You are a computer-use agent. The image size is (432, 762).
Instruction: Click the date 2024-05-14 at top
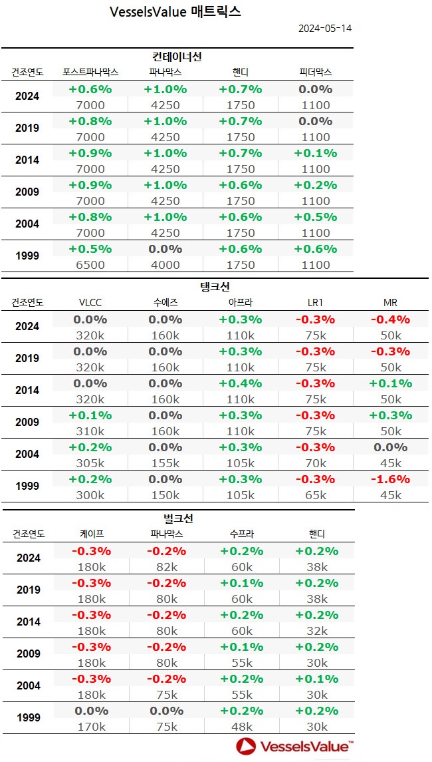[x=324, y=29]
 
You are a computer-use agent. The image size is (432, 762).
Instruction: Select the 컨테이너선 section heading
[x=177, y=57]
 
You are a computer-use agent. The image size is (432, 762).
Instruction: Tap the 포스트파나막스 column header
[x=90, y=72]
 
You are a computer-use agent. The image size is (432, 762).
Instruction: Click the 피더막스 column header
[x=315, y=72]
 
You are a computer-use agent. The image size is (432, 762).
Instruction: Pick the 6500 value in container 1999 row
[x=90, y=264]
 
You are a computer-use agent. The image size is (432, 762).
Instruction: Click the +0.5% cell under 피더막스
[x=315, y=217]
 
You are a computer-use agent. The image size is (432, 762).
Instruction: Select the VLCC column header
[x=90, y=302]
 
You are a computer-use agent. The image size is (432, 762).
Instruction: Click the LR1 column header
[x=315, y=302]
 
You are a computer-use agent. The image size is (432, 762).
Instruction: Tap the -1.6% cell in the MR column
[x=390, y=479]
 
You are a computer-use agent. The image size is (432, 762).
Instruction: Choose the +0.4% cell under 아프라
[x=241, y=383]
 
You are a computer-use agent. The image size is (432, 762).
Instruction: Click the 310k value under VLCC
[x=90, y=431]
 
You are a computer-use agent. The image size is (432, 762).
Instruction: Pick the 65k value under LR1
[x=315, y=494]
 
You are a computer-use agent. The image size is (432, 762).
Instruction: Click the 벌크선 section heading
[x=177, y=518]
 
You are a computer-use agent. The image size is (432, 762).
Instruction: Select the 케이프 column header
[x=90, y=534]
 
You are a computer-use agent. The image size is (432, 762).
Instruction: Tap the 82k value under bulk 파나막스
[x=165, y=567]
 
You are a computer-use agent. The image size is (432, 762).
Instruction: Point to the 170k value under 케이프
[x=90, y=727]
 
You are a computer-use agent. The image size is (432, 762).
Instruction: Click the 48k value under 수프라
[x=241, y=727]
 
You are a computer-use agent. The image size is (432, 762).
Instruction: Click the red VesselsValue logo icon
[x=247, y=747]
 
